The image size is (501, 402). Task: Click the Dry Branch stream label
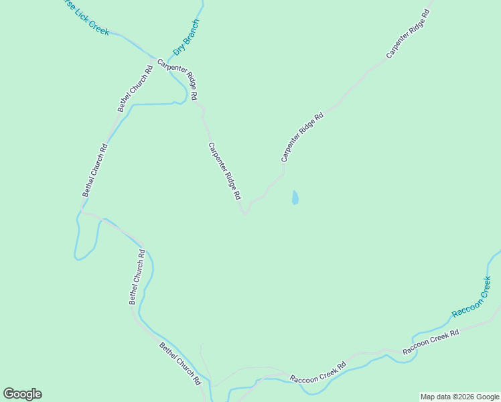186,37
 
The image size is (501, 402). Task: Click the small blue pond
295,198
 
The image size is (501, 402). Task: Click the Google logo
22,394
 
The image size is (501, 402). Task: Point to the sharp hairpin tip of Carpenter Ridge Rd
245,214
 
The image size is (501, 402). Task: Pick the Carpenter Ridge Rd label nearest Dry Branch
177,80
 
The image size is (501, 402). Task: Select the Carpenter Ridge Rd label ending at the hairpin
224,172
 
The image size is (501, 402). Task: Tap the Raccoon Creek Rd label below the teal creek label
430,342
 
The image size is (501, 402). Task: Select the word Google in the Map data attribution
488,397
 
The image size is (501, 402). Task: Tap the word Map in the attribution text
428,397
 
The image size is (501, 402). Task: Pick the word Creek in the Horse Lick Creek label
97,26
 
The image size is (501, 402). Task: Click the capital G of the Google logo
9,394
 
